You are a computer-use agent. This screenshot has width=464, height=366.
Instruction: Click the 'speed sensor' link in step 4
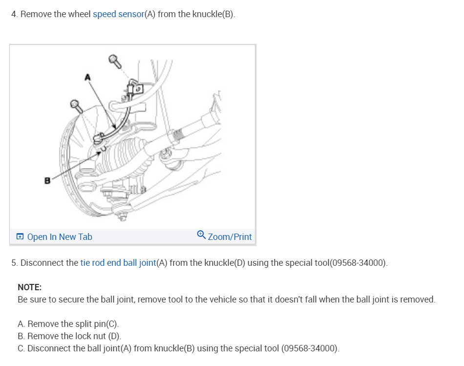[118, 14]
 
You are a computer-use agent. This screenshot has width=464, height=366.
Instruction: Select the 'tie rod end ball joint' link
[118, 263]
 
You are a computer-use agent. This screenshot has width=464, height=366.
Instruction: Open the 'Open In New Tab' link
[59, 237]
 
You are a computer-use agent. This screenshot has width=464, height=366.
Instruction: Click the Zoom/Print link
[230, 237]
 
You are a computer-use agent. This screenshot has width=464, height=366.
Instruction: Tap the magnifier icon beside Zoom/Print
[201, 236]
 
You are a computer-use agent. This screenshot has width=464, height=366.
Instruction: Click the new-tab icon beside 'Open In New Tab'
[20, 237]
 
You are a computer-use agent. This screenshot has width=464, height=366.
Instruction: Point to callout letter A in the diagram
[88, 77]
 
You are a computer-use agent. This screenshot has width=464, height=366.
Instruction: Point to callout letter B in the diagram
[47, 180]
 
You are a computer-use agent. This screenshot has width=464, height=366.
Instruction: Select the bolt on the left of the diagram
[76, 104]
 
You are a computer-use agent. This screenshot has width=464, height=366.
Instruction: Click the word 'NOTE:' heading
[30, 287]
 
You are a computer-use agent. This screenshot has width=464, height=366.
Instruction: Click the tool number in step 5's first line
[358, 263]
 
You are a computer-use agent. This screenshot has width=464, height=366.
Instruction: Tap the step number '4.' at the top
[15, 14]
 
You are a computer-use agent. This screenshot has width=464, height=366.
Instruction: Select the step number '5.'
[15, 263]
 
